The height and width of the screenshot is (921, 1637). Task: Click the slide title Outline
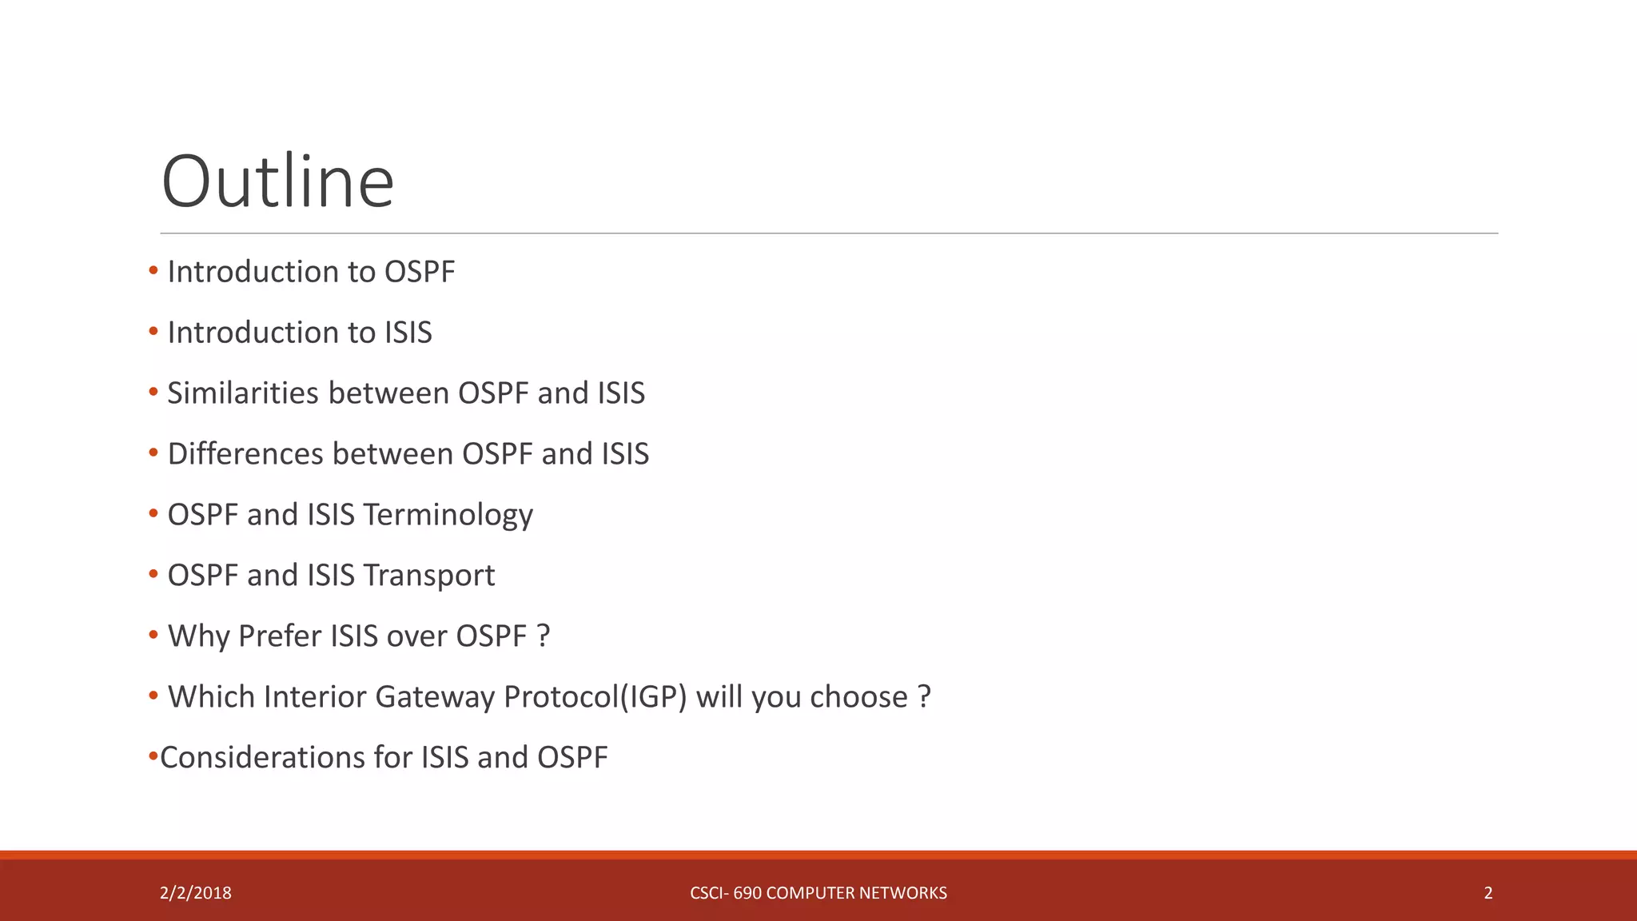277,181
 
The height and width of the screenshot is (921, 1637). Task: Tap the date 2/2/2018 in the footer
195,893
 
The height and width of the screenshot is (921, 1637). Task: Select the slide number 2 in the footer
1488,893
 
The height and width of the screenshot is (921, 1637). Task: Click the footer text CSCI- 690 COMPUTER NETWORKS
818,893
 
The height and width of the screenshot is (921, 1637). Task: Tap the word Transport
428,576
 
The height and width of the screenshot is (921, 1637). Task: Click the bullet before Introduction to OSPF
153,271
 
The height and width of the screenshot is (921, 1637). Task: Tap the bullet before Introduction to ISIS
153,332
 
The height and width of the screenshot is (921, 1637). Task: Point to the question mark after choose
924,697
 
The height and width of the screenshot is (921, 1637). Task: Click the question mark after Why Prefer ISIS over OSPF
544,636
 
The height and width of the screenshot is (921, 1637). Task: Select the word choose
858,697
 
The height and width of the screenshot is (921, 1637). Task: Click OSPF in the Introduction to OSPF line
419,272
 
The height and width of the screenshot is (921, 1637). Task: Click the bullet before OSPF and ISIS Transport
153,575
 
